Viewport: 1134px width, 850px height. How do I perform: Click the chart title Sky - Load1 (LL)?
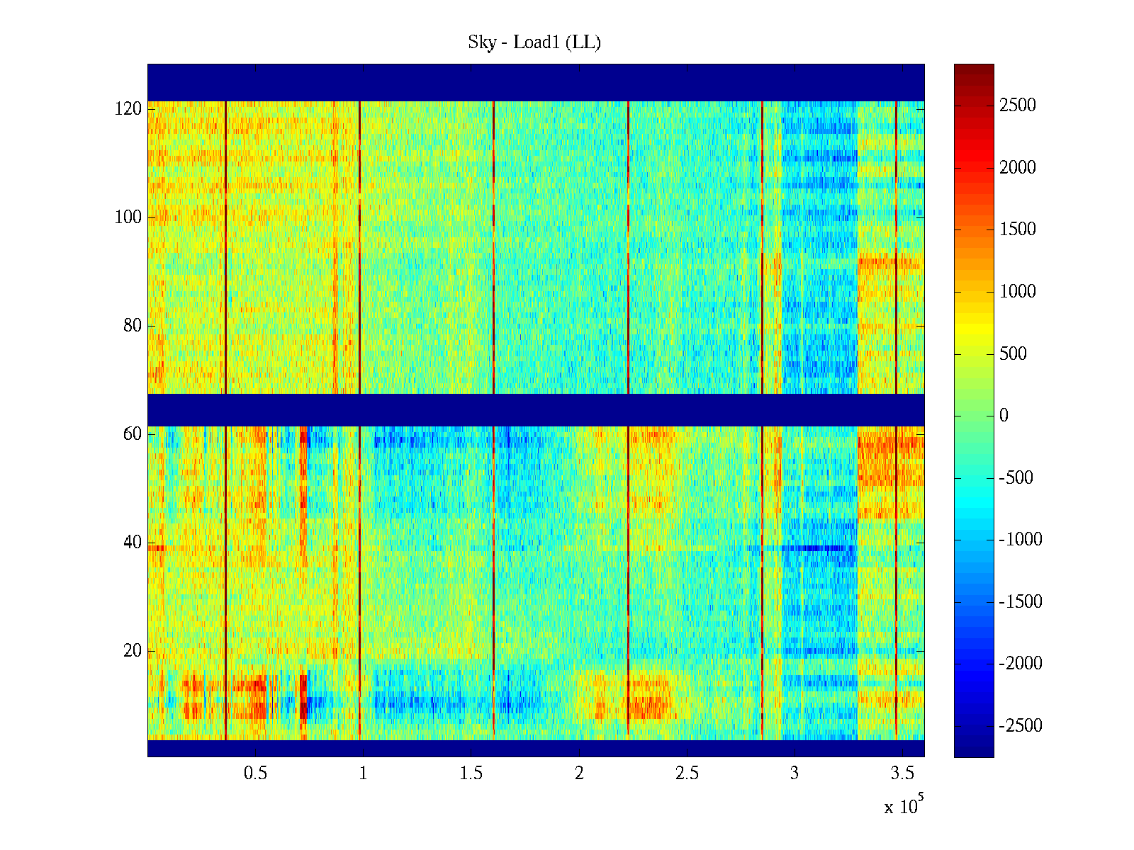pyautogui.click(x=534, y=42)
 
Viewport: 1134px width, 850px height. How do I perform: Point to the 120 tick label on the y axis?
pyautogui.click(x=128, y=109)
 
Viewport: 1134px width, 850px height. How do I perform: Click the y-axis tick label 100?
pyautogui.click(x=128, y=217)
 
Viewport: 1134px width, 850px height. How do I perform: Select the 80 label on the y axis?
pyautogui.click(x=133, y=326)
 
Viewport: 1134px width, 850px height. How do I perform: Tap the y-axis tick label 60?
pyautogui.click(x=133, y=434)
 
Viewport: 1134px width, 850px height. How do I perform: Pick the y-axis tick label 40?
pyautogui.click(x=133, y=543)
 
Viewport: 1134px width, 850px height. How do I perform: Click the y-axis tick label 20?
pyautogui.click(x=133, y=651)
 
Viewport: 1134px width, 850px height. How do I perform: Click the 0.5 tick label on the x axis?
pyautogui.click(x=255, y=773)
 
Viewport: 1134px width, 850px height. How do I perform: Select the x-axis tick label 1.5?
pyautogui.click(x=471, y=773)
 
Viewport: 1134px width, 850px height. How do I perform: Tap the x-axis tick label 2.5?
pyautogui.click(x=687, y=773)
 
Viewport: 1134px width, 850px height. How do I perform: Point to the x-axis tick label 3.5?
pyautogui.click(x=902, y=773)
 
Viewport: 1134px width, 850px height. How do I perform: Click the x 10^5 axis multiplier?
pyautogui.click(x=903, y=806)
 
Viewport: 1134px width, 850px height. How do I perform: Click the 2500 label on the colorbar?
pyautogui.click(x=1018, y=106)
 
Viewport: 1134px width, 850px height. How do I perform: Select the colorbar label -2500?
pyautogui.click(x=1021, y=726)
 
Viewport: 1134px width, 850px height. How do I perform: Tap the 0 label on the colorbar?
pyautogui.click(x=1004, y=416)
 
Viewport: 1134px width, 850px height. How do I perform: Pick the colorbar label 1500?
pyautogui.click(x=1018, y=229)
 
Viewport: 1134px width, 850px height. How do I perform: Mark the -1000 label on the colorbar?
pyautogui.click(x=1021, y=540)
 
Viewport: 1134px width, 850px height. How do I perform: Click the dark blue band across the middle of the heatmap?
pyautogui.click(x=536, y=409)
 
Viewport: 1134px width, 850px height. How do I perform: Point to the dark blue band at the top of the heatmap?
pyautogui.click(x=536, y=82)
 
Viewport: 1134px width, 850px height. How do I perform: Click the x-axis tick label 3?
pyautogui.click(x=795, y=773)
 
